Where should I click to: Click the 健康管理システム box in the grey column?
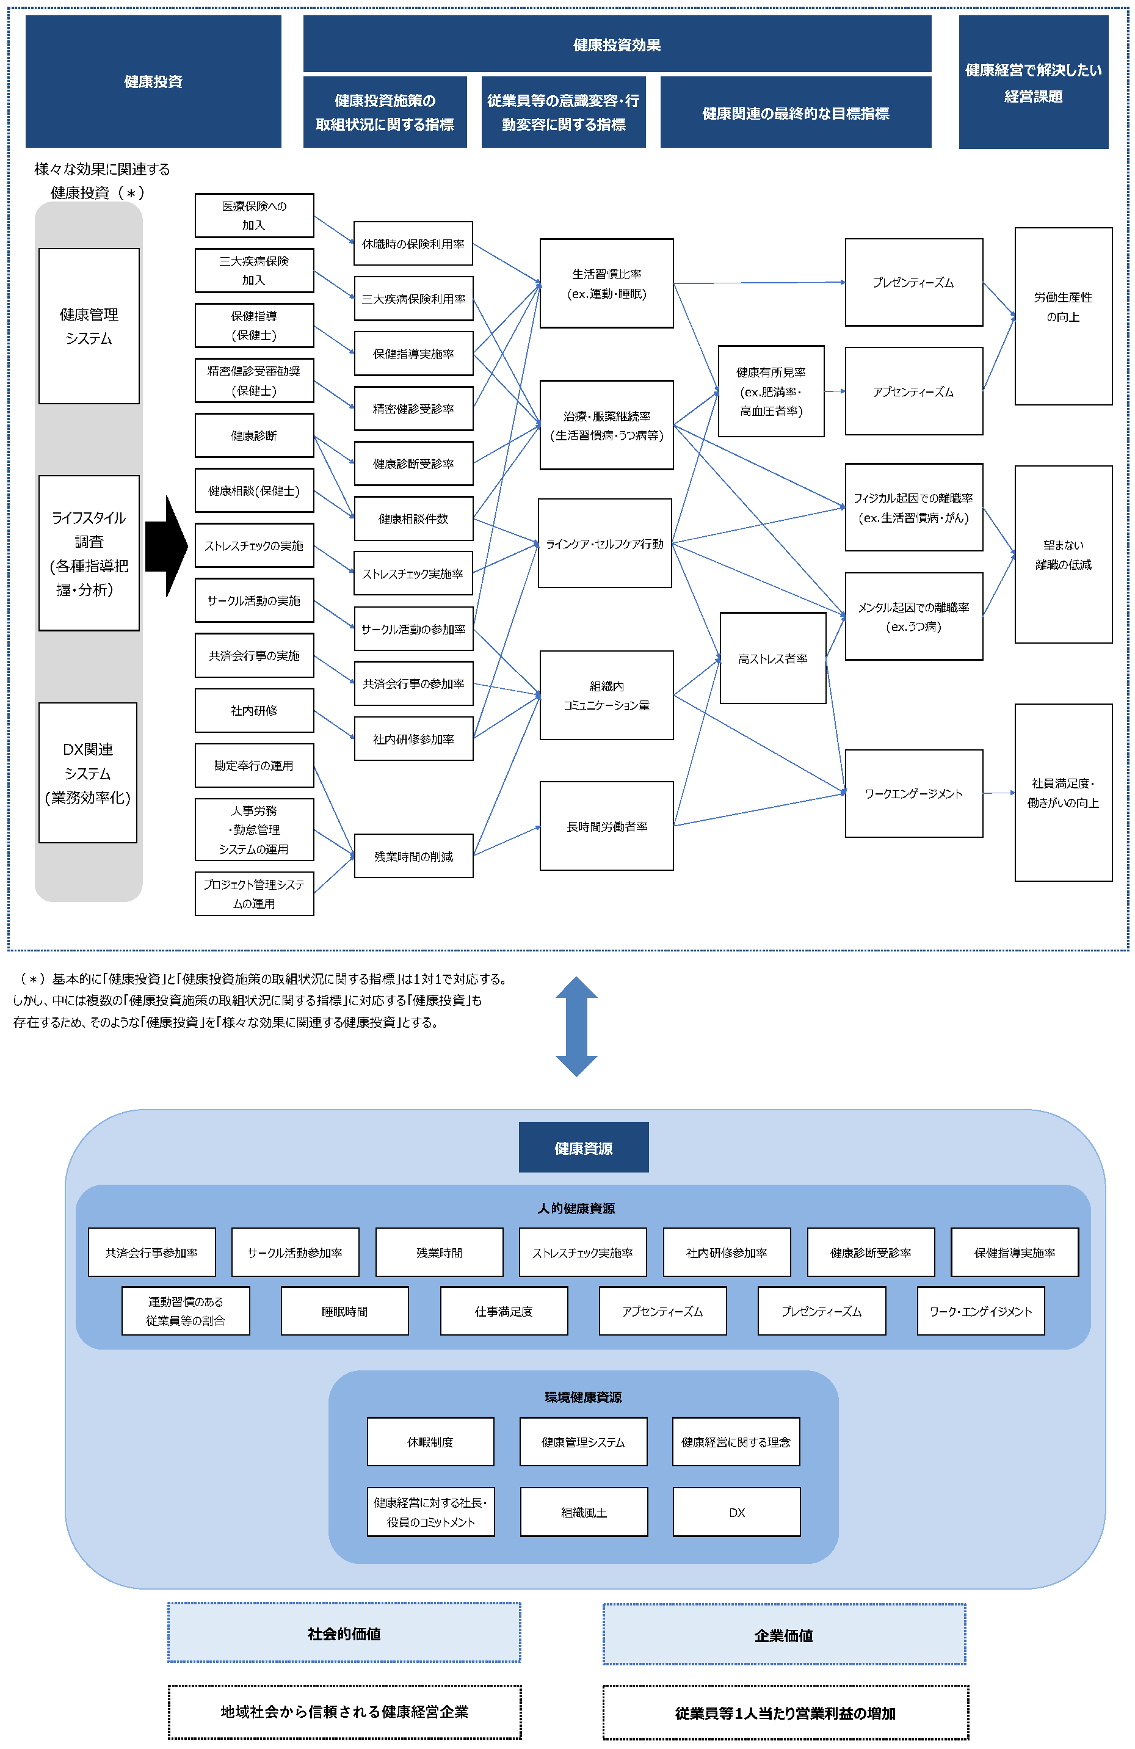click(89, 325)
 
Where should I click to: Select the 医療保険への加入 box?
click(254, 216)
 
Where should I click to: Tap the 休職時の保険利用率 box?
click(413, 243)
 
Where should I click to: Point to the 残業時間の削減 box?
click(413, 856)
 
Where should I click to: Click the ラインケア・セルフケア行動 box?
click(604, 543)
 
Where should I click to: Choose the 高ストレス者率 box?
click(773, 658)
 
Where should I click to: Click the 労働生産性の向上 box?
click(1063, 316)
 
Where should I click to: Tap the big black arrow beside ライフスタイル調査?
click(167, 546)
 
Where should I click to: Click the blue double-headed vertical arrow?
click(577, 1026)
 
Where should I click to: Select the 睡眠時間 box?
click(344, 1311)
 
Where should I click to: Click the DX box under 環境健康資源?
click(737, 1513)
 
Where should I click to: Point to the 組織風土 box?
click(584, 1513)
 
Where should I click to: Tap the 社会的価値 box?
click(344, 1633)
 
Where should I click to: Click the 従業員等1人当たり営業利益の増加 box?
click(785, 1713)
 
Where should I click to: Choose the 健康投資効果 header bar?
click(617, 44)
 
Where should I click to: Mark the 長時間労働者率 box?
click(607, 826)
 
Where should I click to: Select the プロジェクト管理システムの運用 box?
click(254, 893)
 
